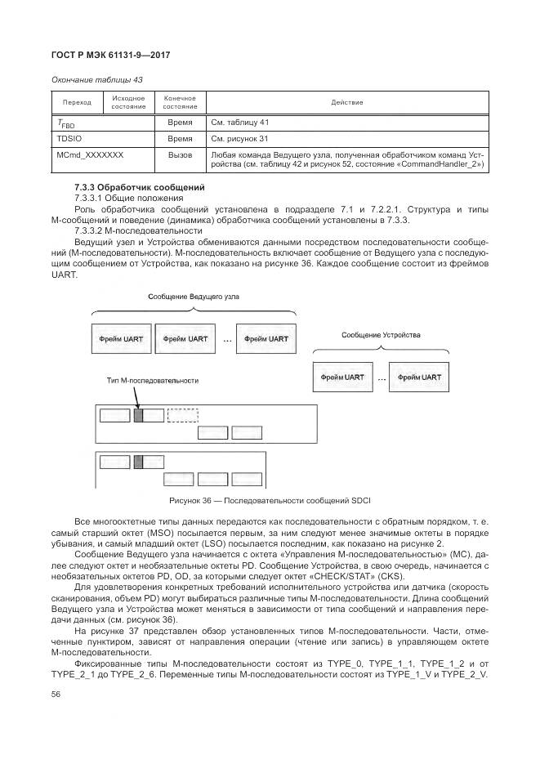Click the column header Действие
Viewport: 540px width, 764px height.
346,103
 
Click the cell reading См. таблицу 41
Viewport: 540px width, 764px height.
241,122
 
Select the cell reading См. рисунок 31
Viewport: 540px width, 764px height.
239,138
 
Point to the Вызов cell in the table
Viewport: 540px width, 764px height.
180,154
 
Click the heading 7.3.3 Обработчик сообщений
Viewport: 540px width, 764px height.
127,188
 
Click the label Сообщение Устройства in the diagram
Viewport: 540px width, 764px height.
380,336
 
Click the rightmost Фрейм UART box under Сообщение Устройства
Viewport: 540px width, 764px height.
419,378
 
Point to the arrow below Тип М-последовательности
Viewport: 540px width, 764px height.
138,398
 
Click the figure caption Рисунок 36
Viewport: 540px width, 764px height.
270,499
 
